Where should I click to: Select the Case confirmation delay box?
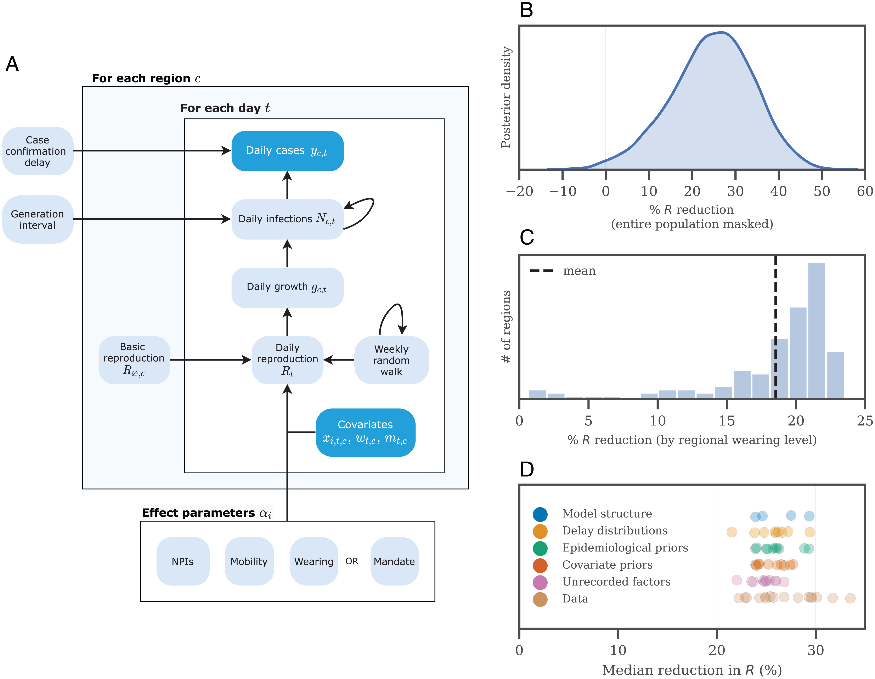coord(38,151)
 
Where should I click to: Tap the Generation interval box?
coord(38,220)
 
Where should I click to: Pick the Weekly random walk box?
coord(391,360)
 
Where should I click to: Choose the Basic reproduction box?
coord(134,360)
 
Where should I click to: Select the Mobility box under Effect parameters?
coord(249,561)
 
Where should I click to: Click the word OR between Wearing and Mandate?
coord(352,561)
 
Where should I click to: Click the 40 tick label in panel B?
coord(778,191)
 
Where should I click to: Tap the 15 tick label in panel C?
coord(726,421)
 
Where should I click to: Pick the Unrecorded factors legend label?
coord(616,582)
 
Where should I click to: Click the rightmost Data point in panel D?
coord(850,598)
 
